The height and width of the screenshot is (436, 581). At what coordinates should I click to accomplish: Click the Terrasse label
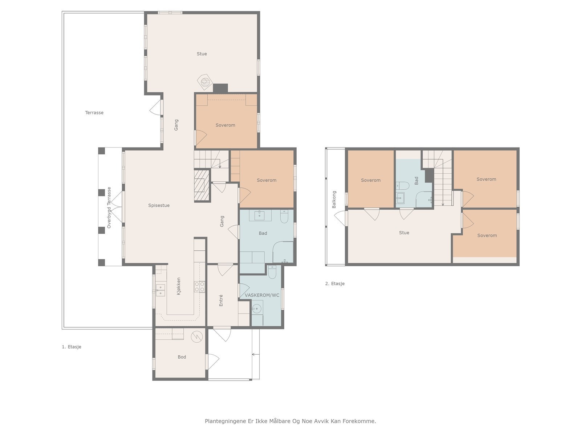point(94,113)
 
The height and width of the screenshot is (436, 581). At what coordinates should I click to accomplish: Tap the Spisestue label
point(159,205)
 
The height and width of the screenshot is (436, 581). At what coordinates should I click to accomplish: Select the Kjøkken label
point(179,286)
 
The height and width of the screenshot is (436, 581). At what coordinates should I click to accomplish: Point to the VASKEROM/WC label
point(262,295)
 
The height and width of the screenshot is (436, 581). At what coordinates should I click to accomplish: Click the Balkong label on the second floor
point(334,199)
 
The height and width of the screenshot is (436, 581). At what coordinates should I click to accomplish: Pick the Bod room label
point(182,357)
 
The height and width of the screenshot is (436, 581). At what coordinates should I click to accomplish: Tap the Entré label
point(221,300)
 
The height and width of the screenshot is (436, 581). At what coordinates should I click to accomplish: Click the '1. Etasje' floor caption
point(72,347)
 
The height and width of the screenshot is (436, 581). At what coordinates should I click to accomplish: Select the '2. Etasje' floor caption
point(335,283)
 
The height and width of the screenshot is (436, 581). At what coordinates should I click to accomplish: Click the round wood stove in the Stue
point(204,81)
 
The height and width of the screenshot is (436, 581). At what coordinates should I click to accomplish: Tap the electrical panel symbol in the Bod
point(197,337)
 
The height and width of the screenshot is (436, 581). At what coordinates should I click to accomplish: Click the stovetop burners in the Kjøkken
point(200,287)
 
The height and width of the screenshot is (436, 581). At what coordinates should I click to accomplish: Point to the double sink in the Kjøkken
point(160,290)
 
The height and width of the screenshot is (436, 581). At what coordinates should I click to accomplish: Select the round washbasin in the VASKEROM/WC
point(256,309)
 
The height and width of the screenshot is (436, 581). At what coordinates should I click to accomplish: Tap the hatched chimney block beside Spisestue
point(202,185)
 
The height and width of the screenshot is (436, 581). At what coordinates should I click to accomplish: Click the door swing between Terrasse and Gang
point(155,107)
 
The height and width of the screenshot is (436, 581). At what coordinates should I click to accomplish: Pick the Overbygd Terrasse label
point(109,207)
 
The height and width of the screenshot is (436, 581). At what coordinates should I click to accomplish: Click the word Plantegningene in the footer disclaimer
point(226,421)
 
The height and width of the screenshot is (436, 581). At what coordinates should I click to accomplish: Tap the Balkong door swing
point(340,218)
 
